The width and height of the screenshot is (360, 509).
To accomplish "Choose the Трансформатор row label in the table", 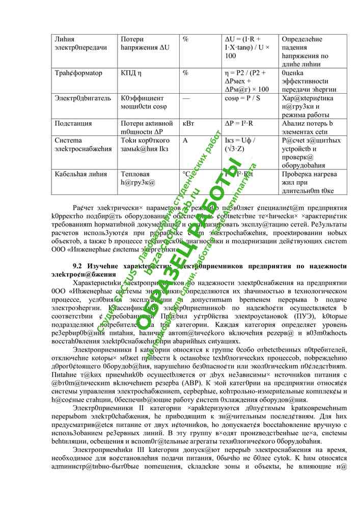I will point(78,73).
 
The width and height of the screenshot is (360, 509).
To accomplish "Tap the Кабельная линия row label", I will point(81,174).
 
